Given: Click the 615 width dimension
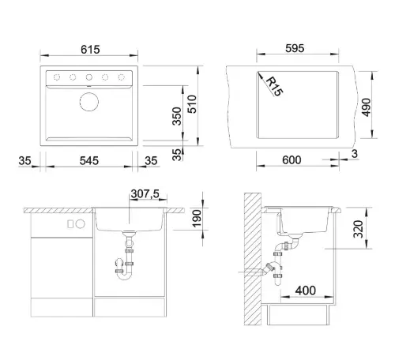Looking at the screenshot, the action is pyautogui.click(x=90, y=50).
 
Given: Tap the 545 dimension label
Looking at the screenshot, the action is pyautogui.click(x=89, y=160).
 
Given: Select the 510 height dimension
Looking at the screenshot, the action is pyautogui.click(x=192, y=104).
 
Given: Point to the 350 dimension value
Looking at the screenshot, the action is pyautogui.click(x=177, y=116).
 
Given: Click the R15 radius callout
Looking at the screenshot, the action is pyautogui.click(x=274, y=87).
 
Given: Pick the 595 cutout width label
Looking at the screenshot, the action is pyautogui.click(x=295, y=48).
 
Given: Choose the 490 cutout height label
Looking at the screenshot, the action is pyautogui.click(x=366, y=107).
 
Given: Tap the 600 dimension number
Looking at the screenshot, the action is pyautogui.click(x=292, y=160).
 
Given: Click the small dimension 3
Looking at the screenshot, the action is pyautogui.click(x=355, y=154).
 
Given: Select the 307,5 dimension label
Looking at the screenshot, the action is pyautogui.click(x=145, y=193).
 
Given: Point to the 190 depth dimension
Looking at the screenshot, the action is pyautogui.click(x=197, y=219).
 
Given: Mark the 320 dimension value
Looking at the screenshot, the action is pyautogui.click(x=358, y=229).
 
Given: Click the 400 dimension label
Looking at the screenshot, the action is pyautogui.click(x=306, y=291).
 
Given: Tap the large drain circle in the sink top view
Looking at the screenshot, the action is pyautogui.click(x=89, y=102).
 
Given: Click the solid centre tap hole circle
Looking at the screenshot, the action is pyautogui.click(x=89, y=77).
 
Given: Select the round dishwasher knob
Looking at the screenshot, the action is pyautogui.click(x=81, y=224).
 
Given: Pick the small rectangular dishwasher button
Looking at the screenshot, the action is pyautogui.click(x=70, y=224).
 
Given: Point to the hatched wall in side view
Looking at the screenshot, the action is pyautogui.click(x=253, y=259).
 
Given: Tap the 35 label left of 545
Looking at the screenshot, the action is pyautogui.click(x=24, y=160).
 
